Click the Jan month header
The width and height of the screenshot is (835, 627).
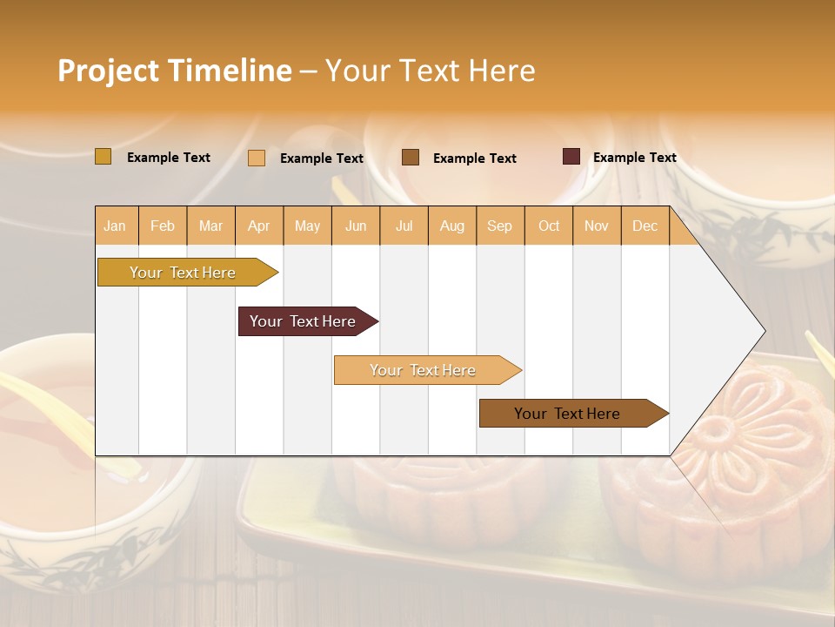115,226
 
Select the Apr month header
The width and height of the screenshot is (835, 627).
259,226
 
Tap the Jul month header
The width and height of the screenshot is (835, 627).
404,226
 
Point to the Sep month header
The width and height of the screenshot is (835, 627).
499,226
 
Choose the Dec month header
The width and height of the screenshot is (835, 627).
645,226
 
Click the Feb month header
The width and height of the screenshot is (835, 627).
163,226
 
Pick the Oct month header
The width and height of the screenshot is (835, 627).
549,226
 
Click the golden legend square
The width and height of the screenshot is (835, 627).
104,157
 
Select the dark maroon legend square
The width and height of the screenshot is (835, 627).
571,157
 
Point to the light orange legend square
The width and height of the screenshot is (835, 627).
257,158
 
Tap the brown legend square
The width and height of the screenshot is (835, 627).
411,157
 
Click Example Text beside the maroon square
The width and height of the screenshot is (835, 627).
634,158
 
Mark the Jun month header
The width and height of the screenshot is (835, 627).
356,226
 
